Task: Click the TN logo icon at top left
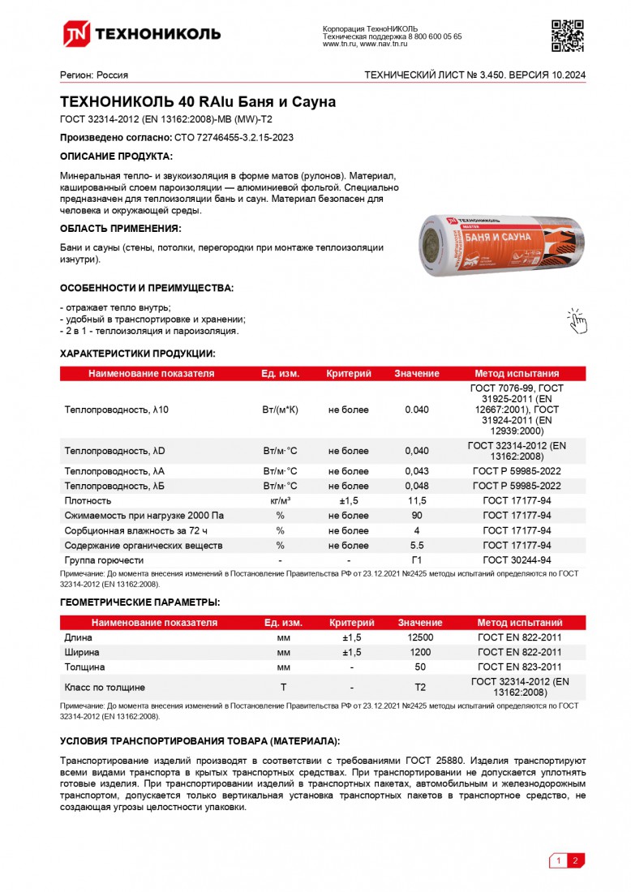click(77, 33)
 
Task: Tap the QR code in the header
click(567, 34)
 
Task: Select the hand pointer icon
click(576, 320)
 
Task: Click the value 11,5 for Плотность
click(417, 501)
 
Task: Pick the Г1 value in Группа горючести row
click(417, 560)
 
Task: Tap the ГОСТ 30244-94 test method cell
click(517, 560)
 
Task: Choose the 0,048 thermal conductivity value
click(417, 486)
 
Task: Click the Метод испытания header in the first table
click(517, 374)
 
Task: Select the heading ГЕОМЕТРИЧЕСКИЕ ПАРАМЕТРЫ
click(140, 603)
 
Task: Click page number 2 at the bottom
click(575, 860)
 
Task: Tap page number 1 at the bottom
click(558, 860)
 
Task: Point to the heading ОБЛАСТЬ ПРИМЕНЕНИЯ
click(120, 229)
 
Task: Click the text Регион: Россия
click(94, 75)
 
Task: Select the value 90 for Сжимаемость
click(417, 516)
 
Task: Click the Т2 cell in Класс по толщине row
click(420, 687)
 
